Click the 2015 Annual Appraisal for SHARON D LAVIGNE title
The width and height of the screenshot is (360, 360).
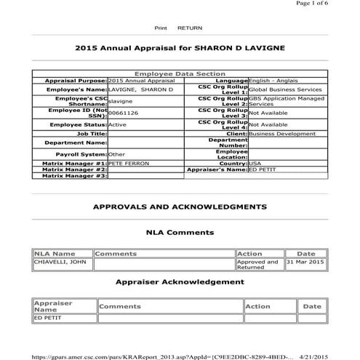pos(180,47)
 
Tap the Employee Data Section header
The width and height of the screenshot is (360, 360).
pos(180,74)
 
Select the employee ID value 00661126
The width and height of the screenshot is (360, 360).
pos(123,113)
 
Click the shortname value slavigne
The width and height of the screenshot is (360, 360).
pos(120,102)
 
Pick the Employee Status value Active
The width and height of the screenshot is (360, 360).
pos(117,124)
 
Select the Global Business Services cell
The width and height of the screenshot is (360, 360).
pos(286,89)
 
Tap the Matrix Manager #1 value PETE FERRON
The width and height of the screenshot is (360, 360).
pos(128,164)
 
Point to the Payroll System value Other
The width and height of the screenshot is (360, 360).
pos(116,154)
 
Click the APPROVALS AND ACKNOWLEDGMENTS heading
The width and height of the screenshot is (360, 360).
pos(180,207)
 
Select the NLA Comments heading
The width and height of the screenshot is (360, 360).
pos(180,232)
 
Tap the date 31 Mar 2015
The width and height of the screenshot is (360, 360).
pos(305,261)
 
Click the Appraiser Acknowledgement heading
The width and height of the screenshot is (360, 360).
pos(180,281)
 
